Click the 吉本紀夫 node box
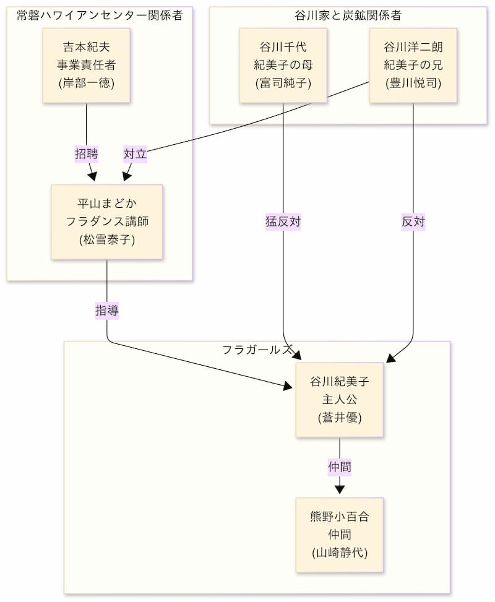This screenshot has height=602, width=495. (x=86, y=65)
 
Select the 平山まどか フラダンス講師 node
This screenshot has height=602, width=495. (x=107, y=221)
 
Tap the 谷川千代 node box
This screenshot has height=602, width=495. (x=283, y=65)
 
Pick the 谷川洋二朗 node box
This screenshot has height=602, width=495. (x=413, y=65)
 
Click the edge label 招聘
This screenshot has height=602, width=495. (x=86, y=154)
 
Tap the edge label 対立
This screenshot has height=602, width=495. (x=135, y=154)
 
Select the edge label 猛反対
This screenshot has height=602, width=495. (x=283, y=221)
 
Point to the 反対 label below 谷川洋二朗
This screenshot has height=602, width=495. (x=413, y=221)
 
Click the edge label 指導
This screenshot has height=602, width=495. (x=107, y=311)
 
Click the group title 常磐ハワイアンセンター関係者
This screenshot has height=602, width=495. (x=100, y=15)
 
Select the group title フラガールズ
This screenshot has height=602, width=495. (x=257, y=350)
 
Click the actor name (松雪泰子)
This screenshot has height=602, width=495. (x=107, y=240)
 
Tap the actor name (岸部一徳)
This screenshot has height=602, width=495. (x=86, y=84)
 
